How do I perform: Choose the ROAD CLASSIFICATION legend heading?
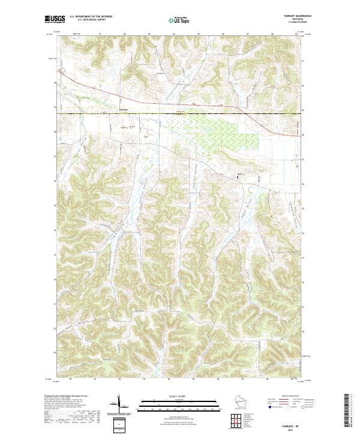tap(290, 396)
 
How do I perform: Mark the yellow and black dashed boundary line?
tap(180, 113)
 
